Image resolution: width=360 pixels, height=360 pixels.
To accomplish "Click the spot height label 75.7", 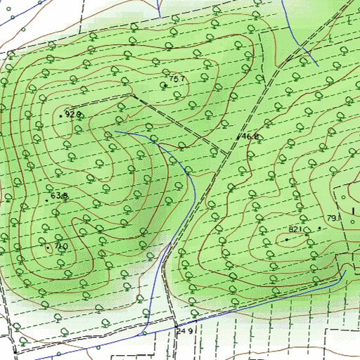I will pyautogui.click(x=177, y=78).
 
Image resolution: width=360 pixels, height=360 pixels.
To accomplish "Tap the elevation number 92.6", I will pyautogui.click(x=74, y=113).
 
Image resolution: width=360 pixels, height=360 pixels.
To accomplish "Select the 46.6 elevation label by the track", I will pyautogui.click(x=251, y=136).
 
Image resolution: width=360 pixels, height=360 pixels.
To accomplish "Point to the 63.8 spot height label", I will pyautogui.click(x=59, y=195).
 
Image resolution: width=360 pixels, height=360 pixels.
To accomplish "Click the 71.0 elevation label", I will pyautogui.click(x=60, y=246).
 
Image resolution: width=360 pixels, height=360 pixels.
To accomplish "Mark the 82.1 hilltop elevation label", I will pyautogui.click(x=295, y=229).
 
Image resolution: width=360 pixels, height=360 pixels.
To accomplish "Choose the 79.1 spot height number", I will pyautogui.click(x=334, y=218).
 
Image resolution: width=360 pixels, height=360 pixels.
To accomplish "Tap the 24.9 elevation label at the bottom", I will pyautogui.click(x=185, y=330).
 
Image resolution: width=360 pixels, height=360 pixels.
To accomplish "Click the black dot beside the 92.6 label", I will pyautogui.click(x=60, y=114).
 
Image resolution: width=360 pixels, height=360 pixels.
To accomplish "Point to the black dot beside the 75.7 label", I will pyautogui.click(x=164, y=84).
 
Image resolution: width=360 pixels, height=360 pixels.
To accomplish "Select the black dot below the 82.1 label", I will pyautogui.click(x=286, y=239).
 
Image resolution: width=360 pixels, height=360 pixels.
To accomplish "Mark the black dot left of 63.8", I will pyautogui.click(x=46, y=200).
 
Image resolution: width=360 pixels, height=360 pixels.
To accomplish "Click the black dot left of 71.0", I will pyautogui.click(x=47, y=246).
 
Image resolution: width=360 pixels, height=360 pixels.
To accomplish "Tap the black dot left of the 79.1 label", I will pyautogui.click(x=320, y=229).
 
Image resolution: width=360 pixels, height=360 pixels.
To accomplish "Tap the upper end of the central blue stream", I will pyautogui.click(x=115, y=131).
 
